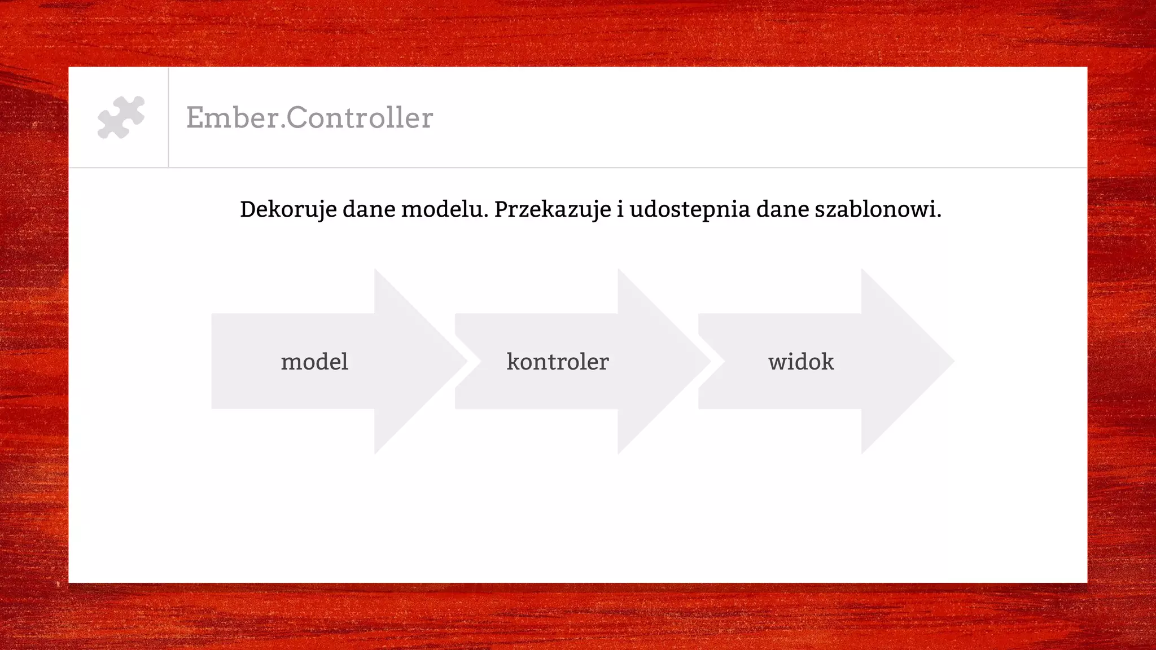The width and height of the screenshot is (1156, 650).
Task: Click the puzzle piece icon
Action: [121, 117]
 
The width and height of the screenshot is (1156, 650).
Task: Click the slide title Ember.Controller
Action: [309, 118]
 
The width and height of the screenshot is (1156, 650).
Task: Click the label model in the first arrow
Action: [314, 362]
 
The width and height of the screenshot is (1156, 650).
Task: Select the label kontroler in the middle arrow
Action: [558, 362]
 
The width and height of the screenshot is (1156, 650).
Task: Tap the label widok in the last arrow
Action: [800, 362]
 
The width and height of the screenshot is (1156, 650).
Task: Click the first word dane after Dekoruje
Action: [369, 209]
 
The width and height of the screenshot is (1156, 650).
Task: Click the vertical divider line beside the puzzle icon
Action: [168, 117]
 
